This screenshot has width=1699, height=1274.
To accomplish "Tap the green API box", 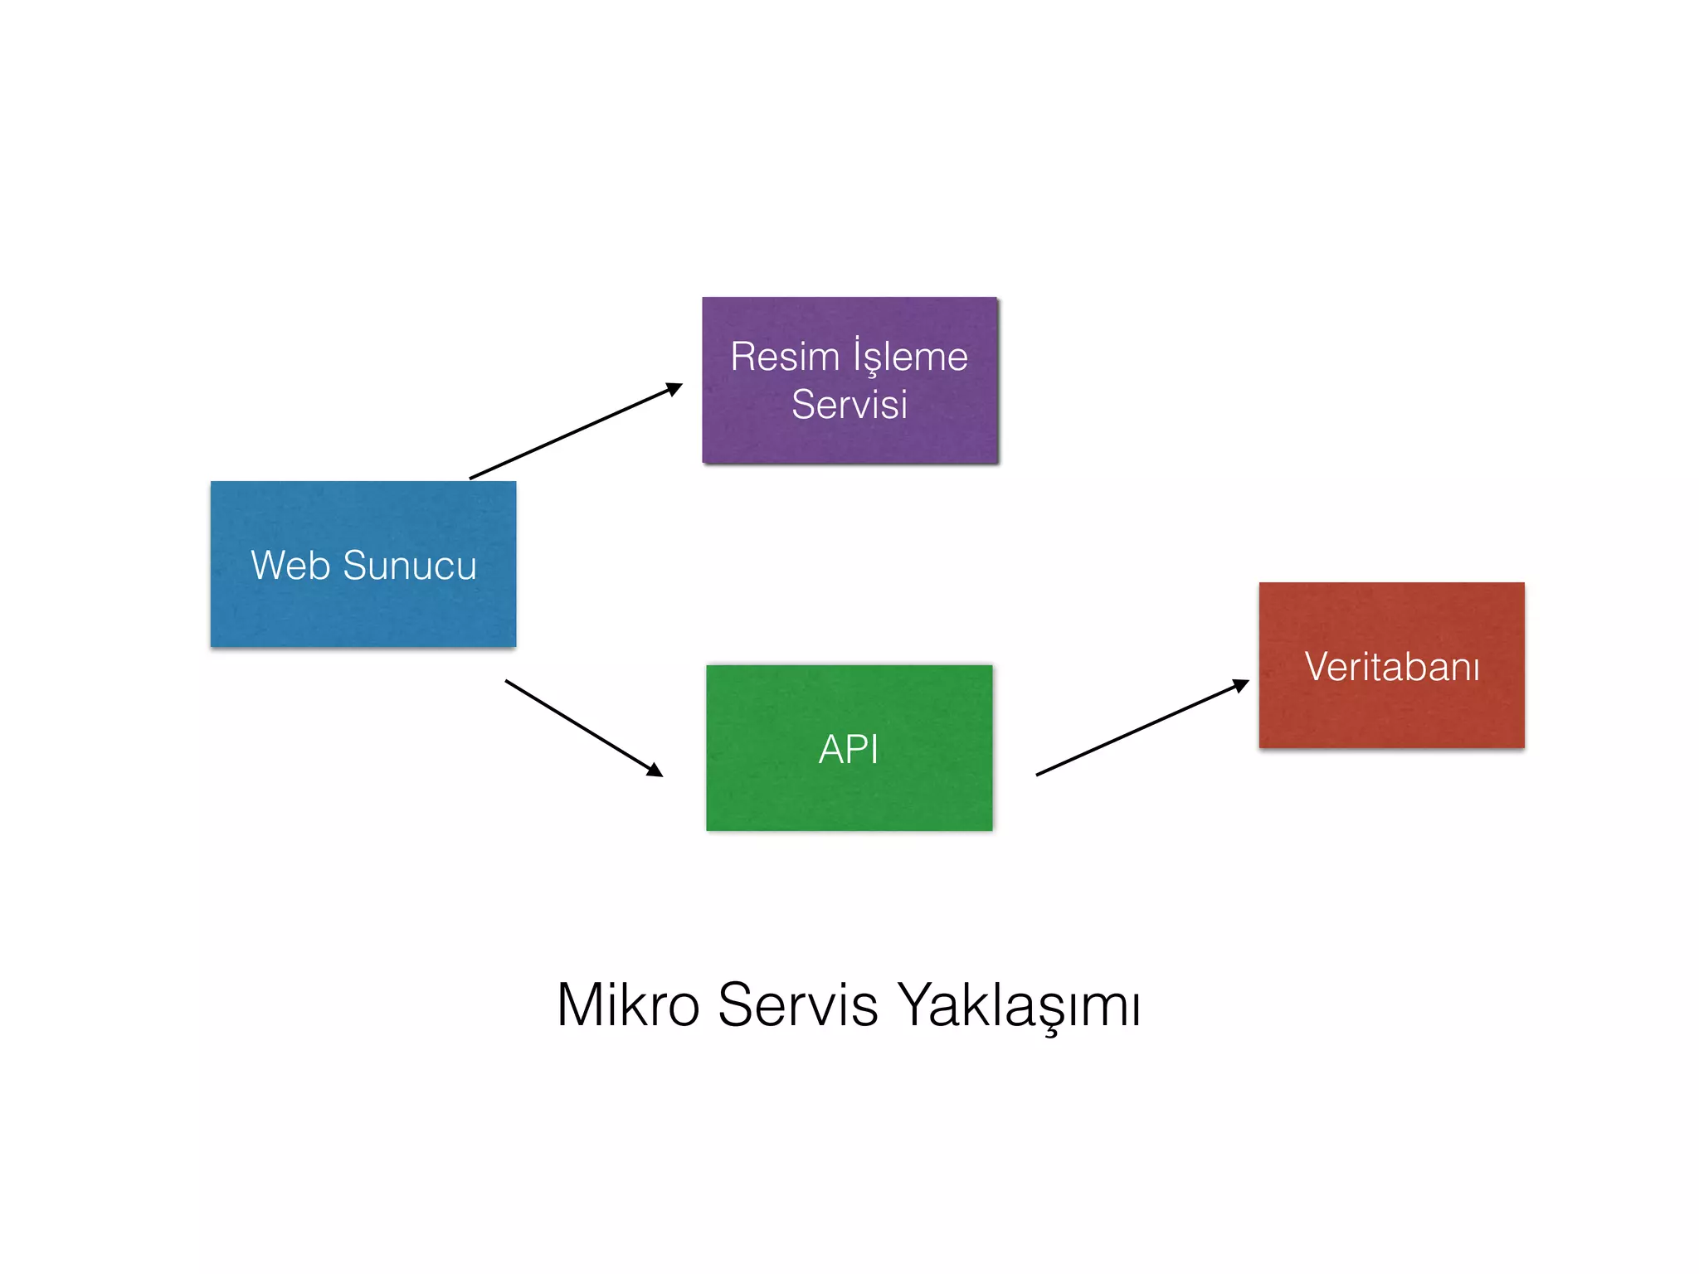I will (849, 796).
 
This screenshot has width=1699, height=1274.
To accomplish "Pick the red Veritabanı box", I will (1391, 713).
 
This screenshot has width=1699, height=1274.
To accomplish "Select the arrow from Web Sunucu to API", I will (581, 727).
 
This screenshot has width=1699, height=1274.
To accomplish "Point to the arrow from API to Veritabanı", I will (1141, 728).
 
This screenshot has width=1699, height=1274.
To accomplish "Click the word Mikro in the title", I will (628, 1005).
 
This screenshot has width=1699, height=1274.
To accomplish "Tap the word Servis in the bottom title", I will (797, 1005).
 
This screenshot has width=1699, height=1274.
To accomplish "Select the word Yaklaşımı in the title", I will (1020, 1005).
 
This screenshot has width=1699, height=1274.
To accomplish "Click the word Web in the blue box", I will (290, 566).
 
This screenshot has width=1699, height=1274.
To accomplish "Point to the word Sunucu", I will (410, 566).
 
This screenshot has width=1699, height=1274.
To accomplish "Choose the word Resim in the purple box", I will (785, 357).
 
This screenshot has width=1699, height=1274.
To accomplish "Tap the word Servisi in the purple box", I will (849, 405).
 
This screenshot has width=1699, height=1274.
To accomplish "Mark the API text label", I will (849, 750).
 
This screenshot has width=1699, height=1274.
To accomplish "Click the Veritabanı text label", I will (1392, 667).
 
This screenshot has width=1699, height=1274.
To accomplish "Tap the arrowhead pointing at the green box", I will (655, 771).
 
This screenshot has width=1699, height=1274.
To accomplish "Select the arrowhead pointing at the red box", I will (1241, 685).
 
